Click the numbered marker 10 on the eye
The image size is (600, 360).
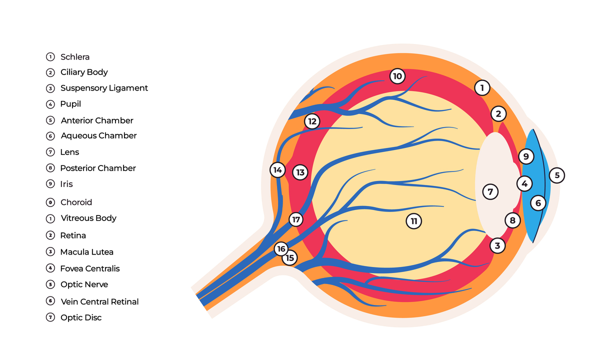pyautogui.click(x=397, y=76)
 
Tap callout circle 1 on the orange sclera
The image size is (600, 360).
pyautogui.click(x=482, y=88)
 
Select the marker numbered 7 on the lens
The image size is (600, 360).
pyautogui.click(x=490, y=191)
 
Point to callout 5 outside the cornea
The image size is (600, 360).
pyautogui.click(x=556, y=175)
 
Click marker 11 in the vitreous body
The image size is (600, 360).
pyautogui.click(x=413, y=221)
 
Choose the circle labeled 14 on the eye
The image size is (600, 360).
pyautogui.click(x=277, y=170)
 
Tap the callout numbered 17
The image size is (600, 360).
pyautogui.click(x=296, y=219)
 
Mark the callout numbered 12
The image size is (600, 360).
pyautogui.click(x=312, y=121)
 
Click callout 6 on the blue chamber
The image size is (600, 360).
pyautogui.click(x=538, y=203)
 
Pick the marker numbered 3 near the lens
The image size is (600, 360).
pyautogui.click(x=497, y=245)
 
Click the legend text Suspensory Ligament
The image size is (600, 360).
pyautogui.click(x=104, y=88)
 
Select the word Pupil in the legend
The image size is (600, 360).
pyautogui.click(x=70, y=104)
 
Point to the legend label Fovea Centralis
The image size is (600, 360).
pyautogui.click(x=90, y=268)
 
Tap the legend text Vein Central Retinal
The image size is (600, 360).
pyautogui.click(x=99, y=301)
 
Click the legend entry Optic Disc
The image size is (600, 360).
pyautogui.click(x=81, y=317)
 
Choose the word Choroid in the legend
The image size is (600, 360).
pyautogui.click(x=76, y=202)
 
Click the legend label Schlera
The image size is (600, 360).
pyautogui.click(x=75, y=57)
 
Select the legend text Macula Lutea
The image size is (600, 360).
pyautogui.click(x=86, y=252)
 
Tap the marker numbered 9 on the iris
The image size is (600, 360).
pyautogui.click(x=525, y=156)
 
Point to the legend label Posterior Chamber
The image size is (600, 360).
pyautogui.click(x=98, y=168)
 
